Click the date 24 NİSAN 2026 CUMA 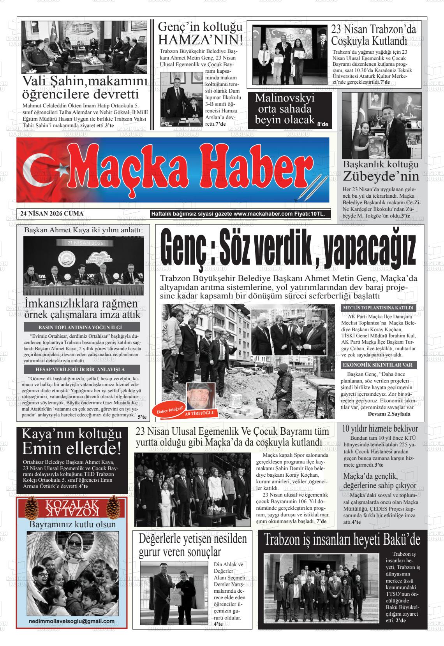pos(52,214)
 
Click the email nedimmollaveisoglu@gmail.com pos(72,621)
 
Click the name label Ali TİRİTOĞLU pos(201,413)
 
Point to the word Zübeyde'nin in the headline pos(381,177)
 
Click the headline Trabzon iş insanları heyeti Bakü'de pos(342,540)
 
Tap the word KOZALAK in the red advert pos(72,504)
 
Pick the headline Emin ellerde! pos(71,449)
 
